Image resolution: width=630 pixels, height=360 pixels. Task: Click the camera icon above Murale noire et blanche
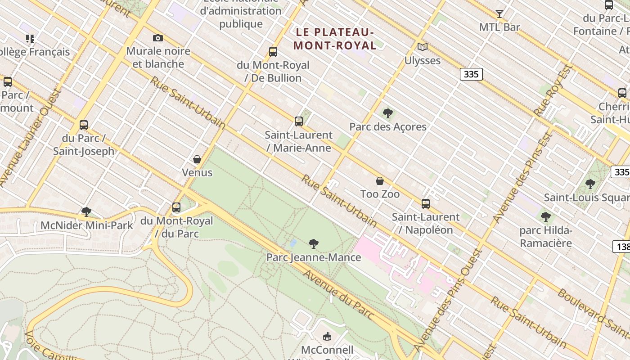[x=158, y=38]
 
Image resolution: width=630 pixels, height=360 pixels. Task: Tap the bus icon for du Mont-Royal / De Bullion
[x=273, y=52]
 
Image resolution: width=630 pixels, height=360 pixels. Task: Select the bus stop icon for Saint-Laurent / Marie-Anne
[x=299, y=121]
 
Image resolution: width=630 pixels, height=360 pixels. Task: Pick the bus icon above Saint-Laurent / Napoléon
[x=426, y=204]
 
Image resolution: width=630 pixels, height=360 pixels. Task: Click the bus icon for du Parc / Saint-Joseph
[x=84, y=125]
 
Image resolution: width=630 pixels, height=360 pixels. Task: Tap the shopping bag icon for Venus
[x=197, y=159]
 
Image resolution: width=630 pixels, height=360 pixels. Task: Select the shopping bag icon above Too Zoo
[x=380, y=181]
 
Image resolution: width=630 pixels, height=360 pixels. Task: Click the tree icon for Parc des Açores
[x=387, y=113]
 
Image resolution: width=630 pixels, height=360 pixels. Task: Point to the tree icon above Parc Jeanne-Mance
[x=314, y=244]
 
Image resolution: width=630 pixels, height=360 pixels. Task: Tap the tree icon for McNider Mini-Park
[x=86, y=211]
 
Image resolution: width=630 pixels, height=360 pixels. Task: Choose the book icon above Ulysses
[x=422, y=47]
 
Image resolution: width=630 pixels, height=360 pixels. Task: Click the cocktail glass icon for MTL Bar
[x=499, y=14]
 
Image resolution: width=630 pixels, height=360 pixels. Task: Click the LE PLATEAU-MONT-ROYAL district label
[x=335, y=39]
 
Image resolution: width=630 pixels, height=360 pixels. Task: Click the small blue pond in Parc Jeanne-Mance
[x=293, y=243]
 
